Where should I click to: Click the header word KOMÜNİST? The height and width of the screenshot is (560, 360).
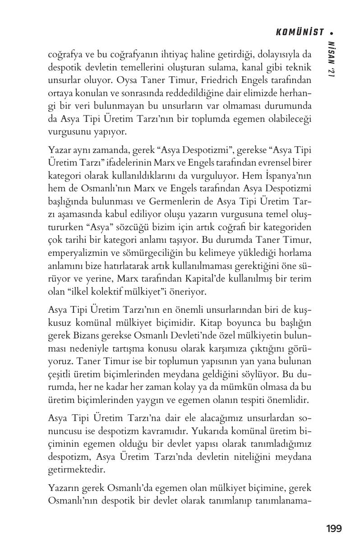pyautogui.click(x=300, y=32)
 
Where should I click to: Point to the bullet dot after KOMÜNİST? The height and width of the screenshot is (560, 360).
pyautogui.click(x=332, y=32)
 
